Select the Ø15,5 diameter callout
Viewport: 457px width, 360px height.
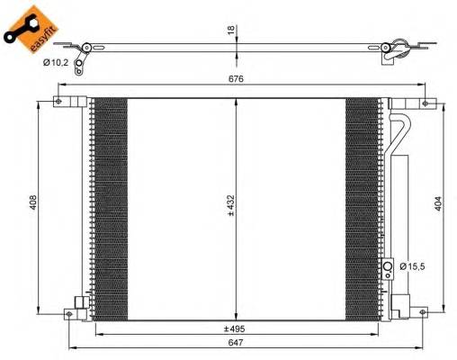point(411,266)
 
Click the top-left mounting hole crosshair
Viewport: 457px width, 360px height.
point(60,100)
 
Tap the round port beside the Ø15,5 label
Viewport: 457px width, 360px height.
point(388,266)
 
